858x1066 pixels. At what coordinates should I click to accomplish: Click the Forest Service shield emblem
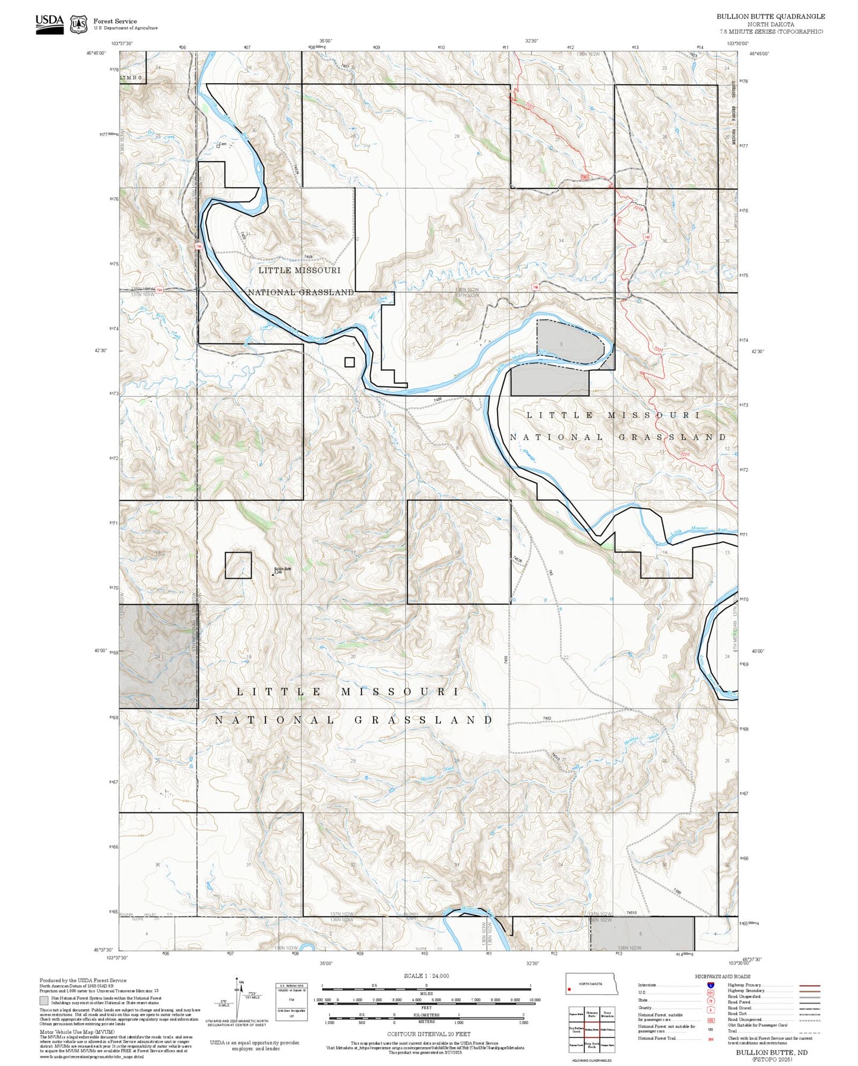tap(78, 24)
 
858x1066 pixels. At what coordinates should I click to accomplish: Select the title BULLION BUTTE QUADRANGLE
tap(770, 16)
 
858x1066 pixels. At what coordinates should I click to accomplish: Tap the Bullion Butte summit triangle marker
tap(273, 574)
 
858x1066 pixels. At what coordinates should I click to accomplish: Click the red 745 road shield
tap(198, 245)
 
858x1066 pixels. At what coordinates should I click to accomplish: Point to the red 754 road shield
tap(159, 291)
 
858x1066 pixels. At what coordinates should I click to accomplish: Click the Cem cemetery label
tap(223, 144)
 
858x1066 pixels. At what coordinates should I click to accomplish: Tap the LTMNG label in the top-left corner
tap(131, 77)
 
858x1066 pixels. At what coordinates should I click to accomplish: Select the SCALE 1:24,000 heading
tap(426, 976)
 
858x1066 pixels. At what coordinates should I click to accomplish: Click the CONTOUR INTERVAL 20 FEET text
tap(428, 1034)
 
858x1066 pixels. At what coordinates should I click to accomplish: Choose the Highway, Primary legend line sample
tap(810, 985)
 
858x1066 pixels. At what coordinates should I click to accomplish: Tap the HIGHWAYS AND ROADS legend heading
tap(723, 976)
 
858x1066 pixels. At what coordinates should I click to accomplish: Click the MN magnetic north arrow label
tap(240, 982)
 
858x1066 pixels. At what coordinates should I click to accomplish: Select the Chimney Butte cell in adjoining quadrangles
tap(591, 1014)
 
